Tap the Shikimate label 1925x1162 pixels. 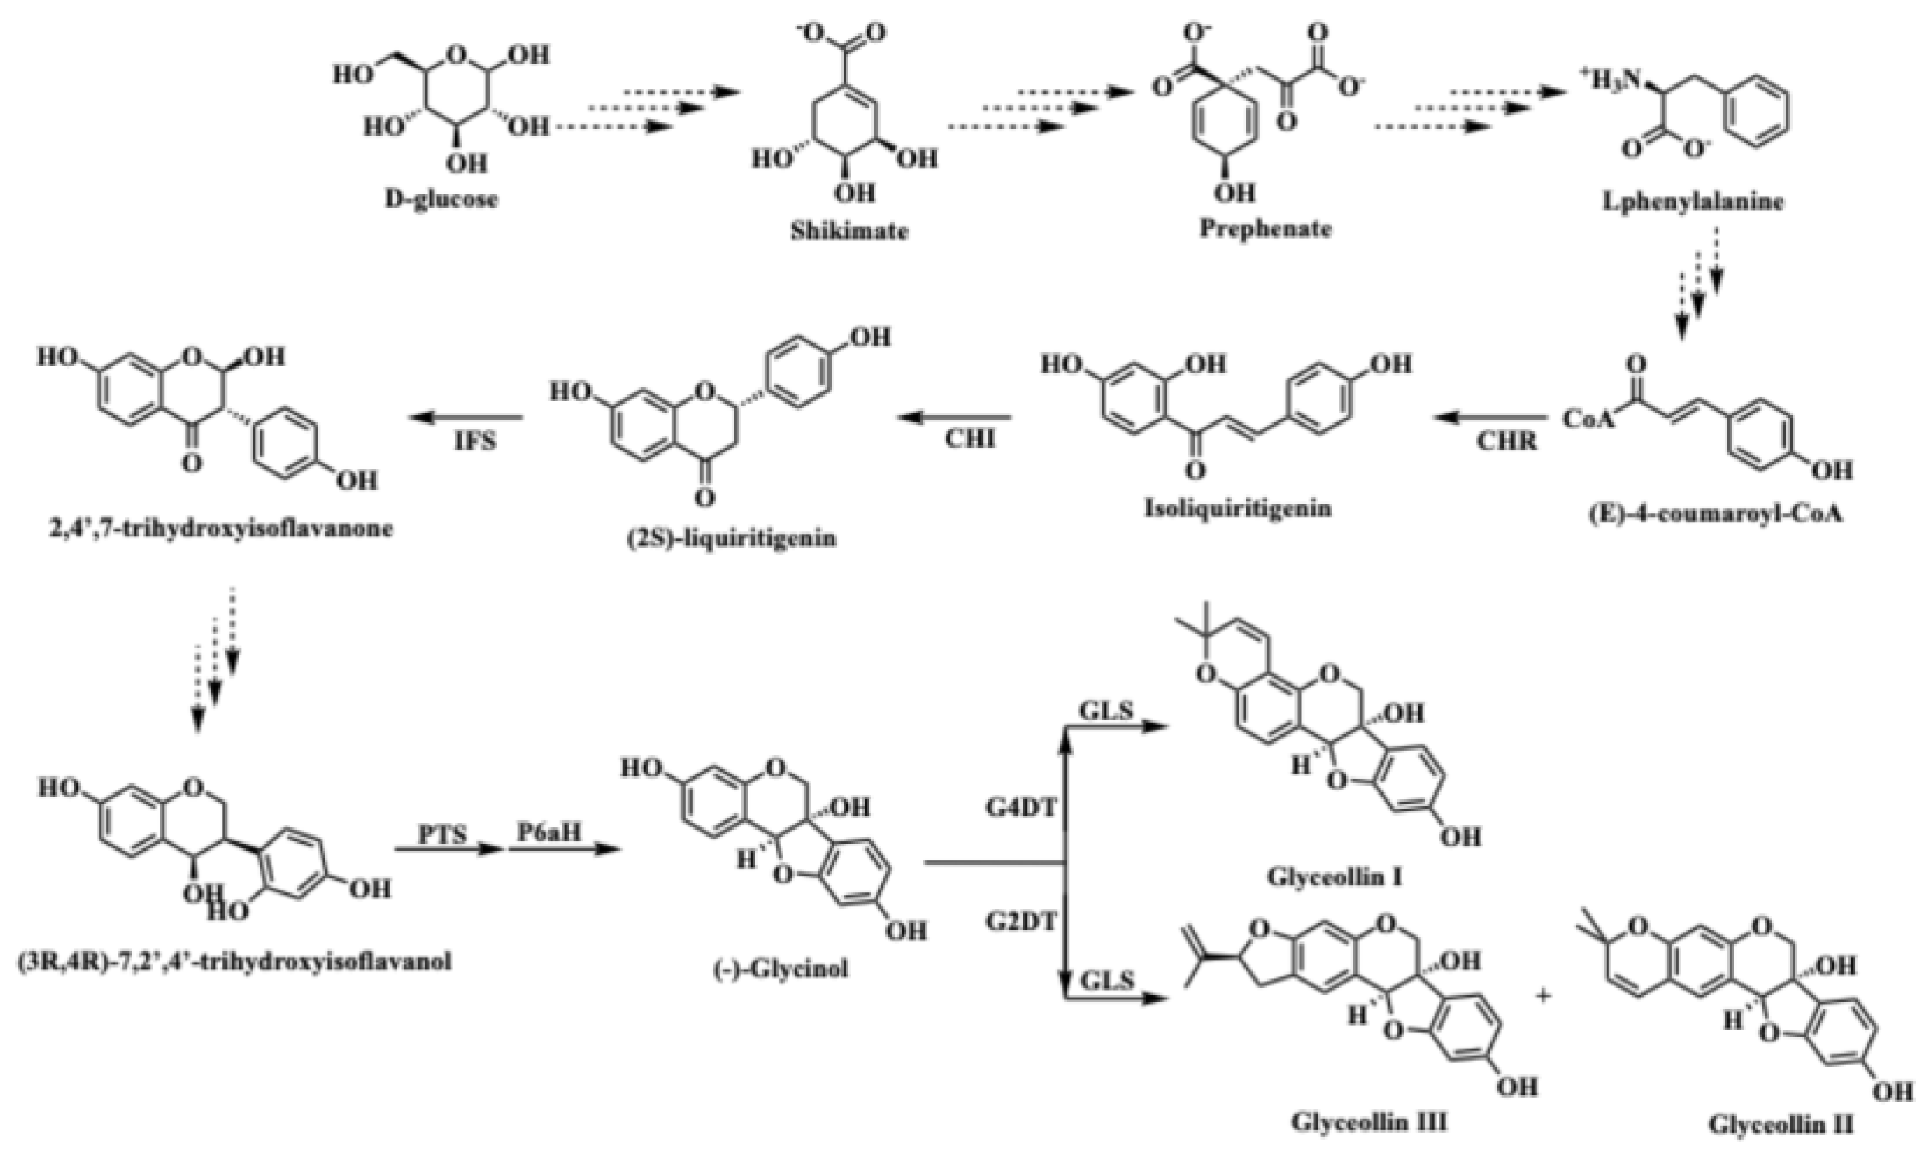(x=849, y=232)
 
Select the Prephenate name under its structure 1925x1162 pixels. (x=1265, y=229)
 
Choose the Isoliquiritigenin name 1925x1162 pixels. (x=1239, y=509)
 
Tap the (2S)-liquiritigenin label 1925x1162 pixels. (x=732, y=538)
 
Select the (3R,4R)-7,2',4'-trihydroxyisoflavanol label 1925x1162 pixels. (x=235, y=961)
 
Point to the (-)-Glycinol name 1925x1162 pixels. (x=782, y=969)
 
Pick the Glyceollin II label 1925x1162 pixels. (x=1779, y=1126)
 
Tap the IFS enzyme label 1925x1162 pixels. (x=476, y=441)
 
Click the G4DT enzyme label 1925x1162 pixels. (x=1020, y=807)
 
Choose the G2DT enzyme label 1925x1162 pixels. (x=1020, y=922)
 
